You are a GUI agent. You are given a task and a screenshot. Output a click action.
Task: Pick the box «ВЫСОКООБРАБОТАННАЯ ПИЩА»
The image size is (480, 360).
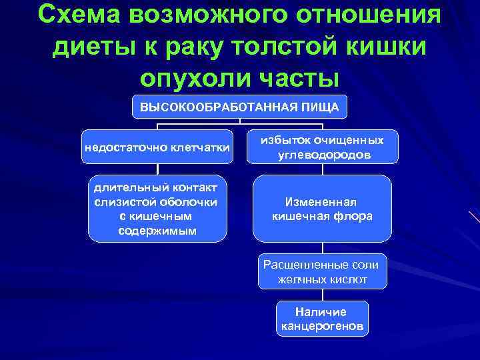[239, 107]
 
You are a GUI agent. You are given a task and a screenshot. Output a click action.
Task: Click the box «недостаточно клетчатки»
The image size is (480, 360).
[157, 147]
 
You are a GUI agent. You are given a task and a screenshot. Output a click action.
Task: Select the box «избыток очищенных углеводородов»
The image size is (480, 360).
[322, 147]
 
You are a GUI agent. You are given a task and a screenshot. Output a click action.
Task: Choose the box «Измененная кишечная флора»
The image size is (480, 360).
[322, 209]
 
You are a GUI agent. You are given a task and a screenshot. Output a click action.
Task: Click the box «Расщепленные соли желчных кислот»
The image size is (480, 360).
[322, 272]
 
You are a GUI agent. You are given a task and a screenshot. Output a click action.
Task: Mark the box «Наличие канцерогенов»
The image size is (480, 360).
[322, 319]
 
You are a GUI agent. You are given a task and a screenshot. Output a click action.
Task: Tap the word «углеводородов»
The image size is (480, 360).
[322, 155]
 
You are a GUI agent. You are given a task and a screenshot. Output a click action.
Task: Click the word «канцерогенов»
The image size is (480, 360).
[322, 327]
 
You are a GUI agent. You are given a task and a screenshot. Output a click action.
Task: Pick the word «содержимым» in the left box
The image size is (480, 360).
[157, 231]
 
